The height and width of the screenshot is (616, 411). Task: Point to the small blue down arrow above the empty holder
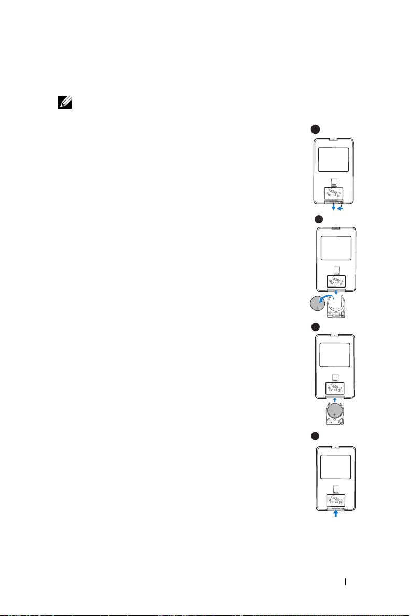(x=337, y=293)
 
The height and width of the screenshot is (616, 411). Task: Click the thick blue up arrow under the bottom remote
(x=336, y=514)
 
